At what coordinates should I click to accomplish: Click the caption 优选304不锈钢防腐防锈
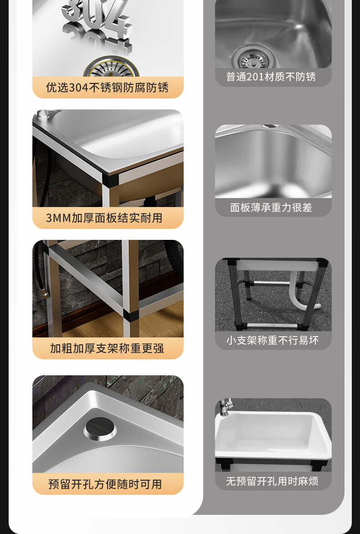click(108, 88)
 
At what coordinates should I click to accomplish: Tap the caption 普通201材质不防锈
click(271, 77)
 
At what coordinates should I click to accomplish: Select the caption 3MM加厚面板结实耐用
click(104, 218)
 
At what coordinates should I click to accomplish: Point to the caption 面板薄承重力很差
click(271, 207)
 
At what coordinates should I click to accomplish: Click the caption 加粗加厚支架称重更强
click(107, 348)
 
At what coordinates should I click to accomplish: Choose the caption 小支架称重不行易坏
click(273, 340)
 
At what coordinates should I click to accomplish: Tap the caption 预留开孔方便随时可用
click(105, 484)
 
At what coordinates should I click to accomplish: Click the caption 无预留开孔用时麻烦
click(272, 481)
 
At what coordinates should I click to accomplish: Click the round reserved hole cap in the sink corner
click(100, 429)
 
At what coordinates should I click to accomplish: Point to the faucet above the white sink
click(225, 406)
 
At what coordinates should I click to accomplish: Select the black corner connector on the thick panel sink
click(111, 179)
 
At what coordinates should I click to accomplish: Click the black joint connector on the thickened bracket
click(130, 316)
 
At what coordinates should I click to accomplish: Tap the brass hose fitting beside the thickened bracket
click(44, 293)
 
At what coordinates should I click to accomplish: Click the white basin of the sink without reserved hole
click(273, 435)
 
